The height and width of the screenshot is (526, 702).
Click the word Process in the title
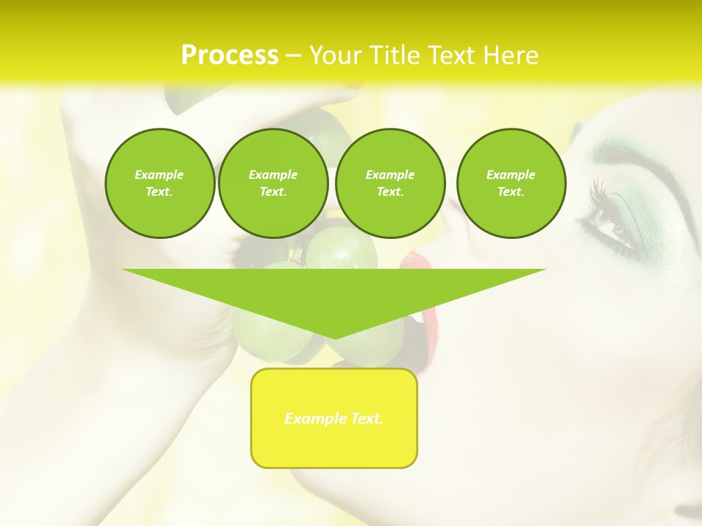[230, 56]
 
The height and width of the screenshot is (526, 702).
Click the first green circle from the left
[159, 183]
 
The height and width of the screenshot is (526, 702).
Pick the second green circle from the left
[273, 183]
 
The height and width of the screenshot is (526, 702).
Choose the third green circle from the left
[390, 183]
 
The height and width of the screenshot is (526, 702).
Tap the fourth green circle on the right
[510, 183]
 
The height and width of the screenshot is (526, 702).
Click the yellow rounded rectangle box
[334, 418]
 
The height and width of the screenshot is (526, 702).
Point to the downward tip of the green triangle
[334, 337]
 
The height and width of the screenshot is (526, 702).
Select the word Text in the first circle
[159, 192]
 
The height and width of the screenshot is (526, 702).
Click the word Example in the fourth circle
[510, 175]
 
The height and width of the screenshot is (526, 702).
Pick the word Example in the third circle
[390, 175]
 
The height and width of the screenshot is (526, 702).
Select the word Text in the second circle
[273, 192]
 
